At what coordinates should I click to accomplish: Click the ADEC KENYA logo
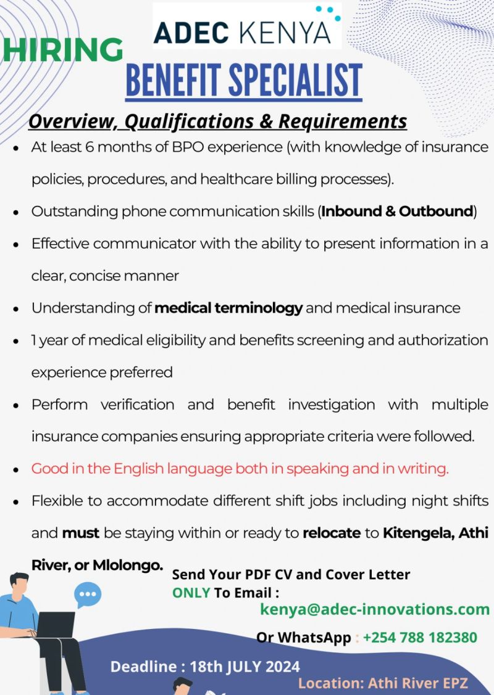247,28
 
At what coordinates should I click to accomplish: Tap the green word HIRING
62,50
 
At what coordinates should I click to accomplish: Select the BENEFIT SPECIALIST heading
244,81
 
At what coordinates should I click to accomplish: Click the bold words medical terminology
228,308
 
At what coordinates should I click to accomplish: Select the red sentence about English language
240,469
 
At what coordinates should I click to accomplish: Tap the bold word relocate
332,533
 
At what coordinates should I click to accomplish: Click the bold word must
81,533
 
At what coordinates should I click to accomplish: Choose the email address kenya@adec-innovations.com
375,609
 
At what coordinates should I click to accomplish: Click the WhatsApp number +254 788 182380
420,637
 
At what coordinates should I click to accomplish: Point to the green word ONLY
191,593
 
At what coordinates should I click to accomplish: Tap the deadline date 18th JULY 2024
245,667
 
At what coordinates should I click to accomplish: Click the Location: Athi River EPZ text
383,683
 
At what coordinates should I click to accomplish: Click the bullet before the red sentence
16,469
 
